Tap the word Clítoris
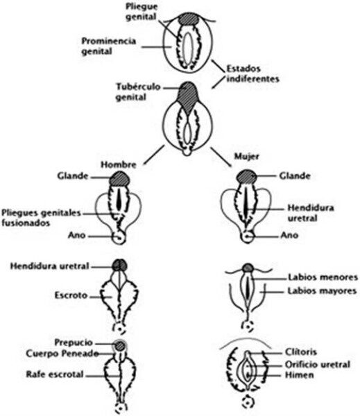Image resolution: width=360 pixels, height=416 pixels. pyautogui.click(x=300, y=352)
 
